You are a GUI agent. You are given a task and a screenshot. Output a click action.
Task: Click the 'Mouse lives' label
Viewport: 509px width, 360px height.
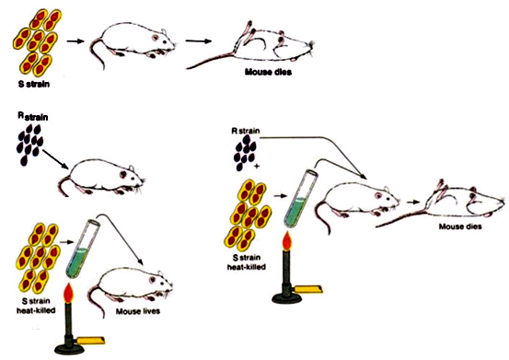138,311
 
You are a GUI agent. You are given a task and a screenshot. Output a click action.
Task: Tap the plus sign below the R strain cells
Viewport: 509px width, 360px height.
257,167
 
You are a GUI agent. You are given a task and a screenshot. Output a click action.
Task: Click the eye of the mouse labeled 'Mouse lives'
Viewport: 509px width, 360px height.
152,280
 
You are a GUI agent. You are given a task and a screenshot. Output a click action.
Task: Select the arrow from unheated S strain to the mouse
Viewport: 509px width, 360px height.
75,41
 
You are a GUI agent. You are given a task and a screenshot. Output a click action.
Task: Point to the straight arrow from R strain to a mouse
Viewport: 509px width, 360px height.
55,159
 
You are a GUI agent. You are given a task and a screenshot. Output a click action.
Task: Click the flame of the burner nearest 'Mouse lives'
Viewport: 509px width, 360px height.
68,294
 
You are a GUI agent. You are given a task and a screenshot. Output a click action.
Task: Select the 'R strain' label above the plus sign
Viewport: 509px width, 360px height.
246,131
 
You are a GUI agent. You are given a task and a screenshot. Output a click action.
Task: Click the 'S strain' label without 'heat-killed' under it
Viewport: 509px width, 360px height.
34,84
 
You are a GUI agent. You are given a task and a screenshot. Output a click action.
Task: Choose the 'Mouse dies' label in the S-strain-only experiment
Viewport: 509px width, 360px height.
268,72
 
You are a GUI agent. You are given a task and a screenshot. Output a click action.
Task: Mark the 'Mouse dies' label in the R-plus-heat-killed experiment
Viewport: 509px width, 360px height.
460,226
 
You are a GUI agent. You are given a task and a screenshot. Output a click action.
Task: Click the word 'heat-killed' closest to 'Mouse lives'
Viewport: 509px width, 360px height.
36,310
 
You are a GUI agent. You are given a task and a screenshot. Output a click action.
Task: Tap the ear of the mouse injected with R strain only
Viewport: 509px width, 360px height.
131,168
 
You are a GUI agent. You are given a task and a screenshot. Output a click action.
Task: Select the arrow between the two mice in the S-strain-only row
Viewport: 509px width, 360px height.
198,41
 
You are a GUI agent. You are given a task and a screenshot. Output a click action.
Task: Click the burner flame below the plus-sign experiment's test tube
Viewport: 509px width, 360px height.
286,241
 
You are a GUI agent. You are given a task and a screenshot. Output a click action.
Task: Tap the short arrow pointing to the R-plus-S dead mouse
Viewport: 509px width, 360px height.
412,202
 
